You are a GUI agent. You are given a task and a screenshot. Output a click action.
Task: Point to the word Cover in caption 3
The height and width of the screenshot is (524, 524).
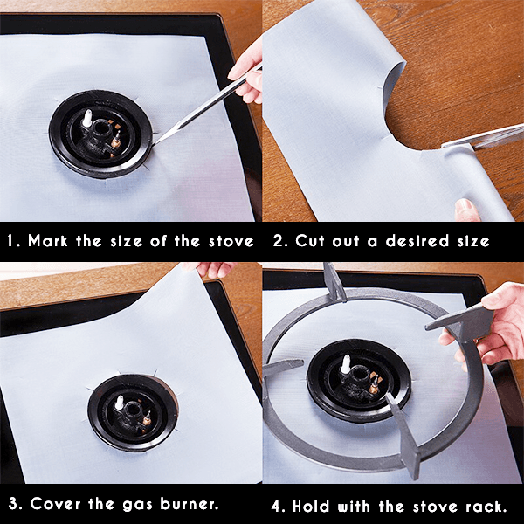pos(55,504)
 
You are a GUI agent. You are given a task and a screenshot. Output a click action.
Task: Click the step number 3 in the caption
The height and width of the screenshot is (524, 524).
pos(12,504)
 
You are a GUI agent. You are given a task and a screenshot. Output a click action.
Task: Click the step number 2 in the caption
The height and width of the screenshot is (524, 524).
pos(274,242)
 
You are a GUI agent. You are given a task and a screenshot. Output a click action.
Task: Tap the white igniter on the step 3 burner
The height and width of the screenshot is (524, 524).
pos(119,403)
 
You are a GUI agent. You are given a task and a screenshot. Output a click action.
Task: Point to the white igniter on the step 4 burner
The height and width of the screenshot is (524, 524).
pos(346,365)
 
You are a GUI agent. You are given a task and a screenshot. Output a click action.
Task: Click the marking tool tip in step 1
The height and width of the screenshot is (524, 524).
pos(157,136)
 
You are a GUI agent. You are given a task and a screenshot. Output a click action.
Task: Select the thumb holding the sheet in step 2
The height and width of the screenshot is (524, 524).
pos(467,210)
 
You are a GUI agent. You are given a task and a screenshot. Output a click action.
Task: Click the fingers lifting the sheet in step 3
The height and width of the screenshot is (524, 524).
pos(213,271)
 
